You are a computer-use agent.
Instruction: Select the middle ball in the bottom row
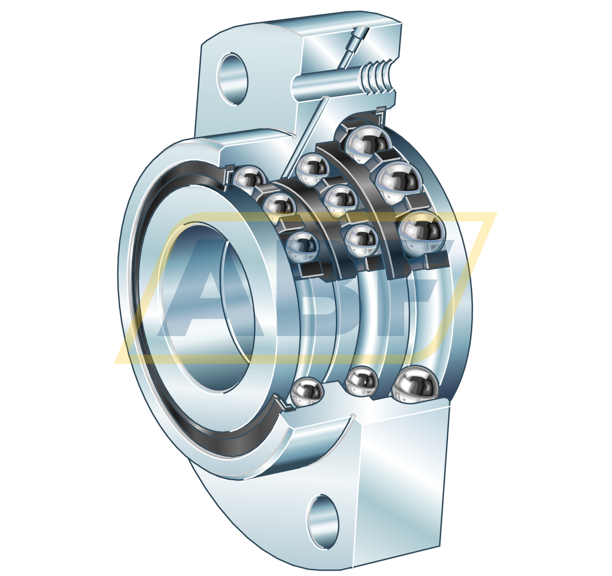point(361,382)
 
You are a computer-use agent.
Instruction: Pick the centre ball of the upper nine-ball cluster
point(341,200)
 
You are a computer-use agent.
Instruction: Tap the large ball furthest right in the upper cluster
point(422,233)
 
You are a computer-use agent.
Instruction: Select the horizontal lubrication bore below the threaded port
point(326,84)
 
